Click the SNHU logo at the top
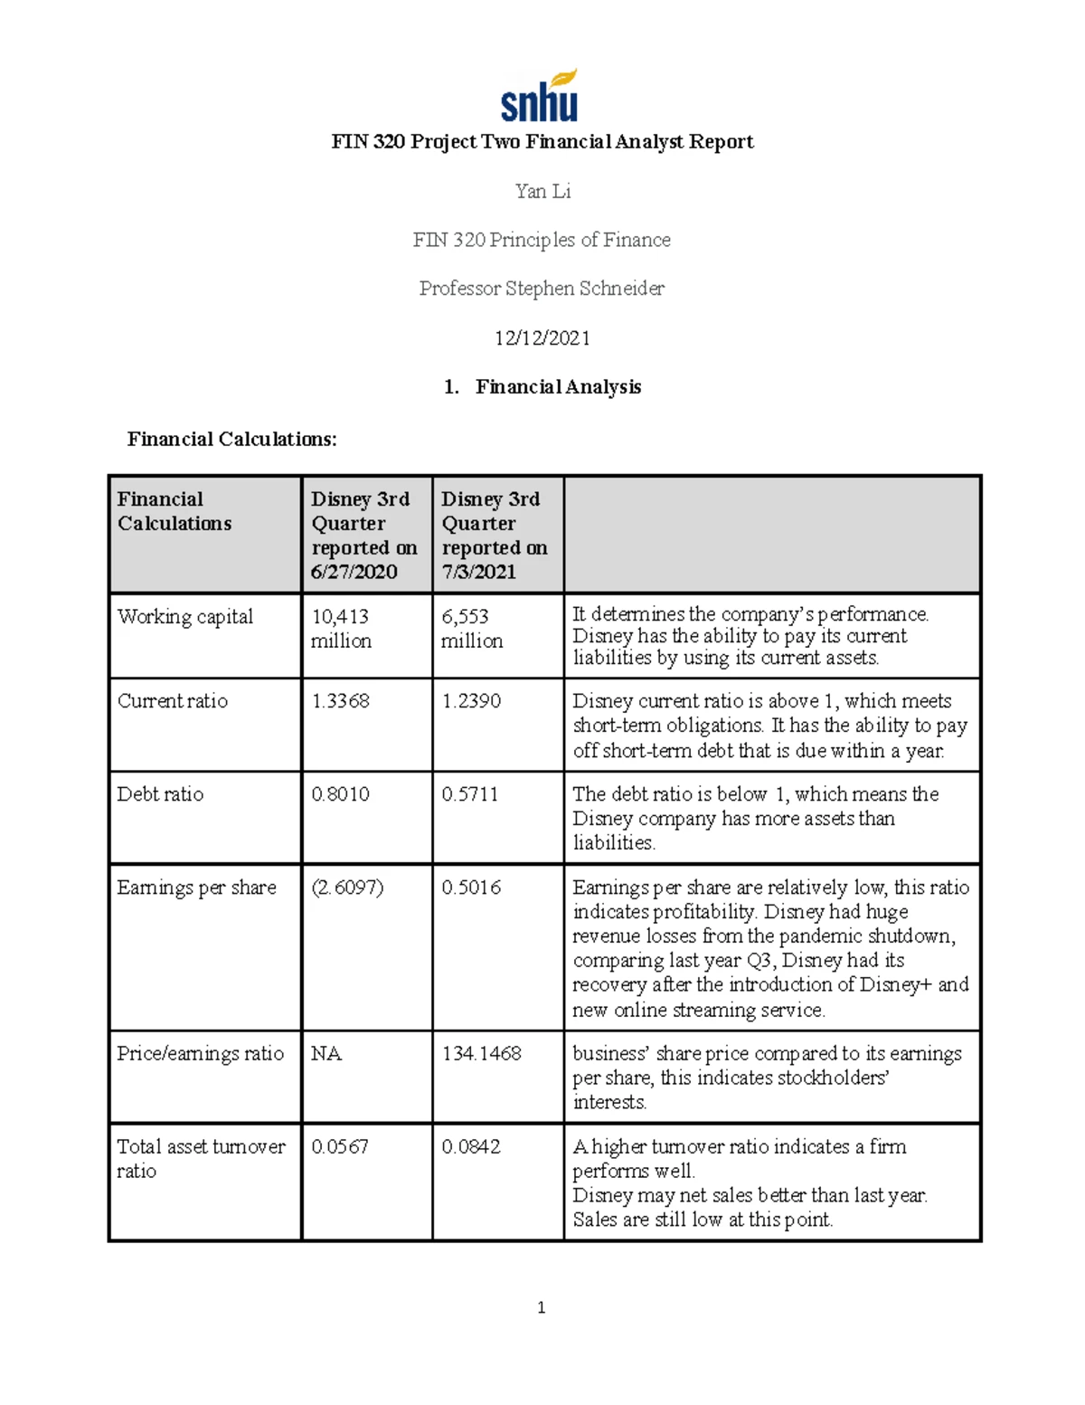(x=540, y=96)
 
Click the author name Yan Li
(x=542, y=191)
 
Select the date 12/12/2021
(x=542, y=337)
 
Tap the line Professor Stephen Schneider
(x=542, y=289)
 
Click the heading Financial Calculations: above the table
(x=231, y=439)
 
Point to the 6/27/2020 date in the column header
(x=354, y=572)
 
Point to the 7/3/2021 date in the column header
(x=478, y=572)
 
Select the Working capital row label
(x=185, y=617)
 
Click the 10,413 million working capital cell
(x=341, y=628)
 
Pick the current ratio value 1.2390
(x=471, y=701)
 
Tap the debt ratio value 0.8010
(x=340, y=794)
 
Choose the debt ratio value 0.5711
(x=469, y=794)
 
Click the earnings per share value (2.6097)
(x=347, y=888)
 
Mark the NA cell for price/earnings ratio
(x=326, y=1054)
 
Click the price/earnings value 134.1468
(x=481, y=1054)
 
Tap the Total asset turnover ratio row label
(x=201, y=1158)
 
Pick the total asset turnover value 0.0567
(x=340, y=1147)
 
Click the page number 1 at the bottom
(x=541, y=1307)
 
